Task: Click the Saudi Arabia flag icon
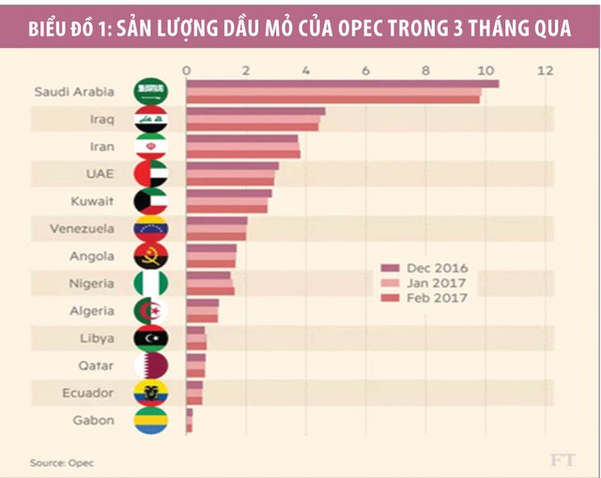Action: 150,92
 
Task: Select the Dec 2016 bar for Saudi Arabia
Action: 342,85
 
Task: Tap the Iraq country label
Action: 103,119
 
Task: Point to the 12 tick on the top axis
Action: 545,70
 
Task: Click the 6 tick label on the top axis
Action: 365,70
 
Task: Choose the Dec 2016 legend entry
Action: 432,269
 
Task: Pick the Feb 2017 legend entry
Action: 432,298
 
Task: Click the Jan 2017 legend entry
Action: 432,283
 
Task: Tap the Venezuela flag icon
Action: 150,229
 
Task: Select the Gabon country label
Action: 94,420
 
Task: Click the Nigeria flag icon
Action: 150,284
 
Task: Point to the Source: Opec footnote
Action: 62,462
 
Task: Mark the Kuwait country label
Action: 93,201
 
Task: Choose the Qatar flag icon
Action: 150,365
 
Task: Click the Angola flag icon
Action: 150,256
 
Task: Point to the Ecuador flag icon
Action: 150,393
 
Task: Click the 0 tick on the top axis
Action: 187,70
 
